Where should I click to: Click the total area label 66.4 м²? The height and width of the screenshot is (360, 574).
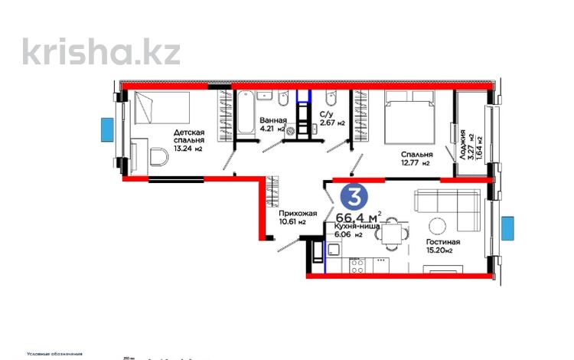coord(359,217)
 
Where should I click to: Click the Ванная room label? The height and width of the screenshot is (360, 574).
coord(273,121)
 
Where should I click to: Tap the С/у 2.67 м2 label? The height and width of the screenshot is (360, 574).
coord(332,118)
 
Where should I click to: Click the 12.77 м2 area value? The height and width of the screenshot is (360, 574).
coord(416,162)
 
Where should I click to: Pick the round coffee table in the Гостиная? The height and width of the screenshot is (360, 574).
coord(438,227)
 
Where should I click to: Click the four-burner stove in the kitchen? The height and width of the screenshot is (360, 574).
coord(357,264)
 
